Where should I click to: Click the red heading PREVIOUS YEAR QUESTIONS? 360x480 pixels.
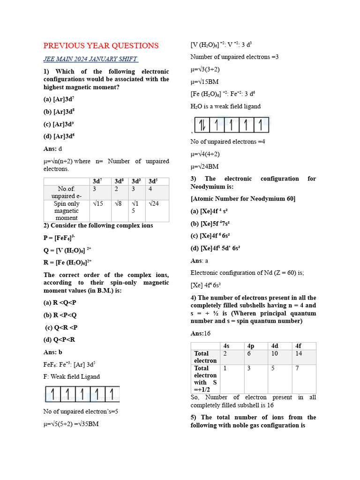[x=101, y=45]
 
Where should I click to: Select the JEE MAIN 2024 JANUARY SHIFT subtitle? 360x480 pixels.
[x=91, y=59]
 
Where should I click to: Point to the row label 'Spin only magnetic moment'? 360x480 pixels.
[x=67, y=210]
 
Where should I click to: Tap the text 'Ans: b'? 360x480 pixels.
[x=53, y=352]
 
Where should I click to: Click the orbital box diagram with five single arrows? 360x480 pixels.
[x=82, y=394]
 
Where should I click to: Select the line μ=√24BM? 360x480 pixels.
[x=204, y=166]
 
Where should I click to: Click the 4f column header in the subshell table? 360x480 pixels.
[x=298, y=346]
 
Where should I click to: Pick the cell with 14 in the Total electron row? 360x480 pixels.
[x=299, y=353]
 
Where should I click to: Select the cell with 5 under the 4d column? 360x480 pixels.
[x=274, y=368]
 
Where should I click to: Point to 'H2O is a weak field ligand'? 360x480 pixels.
[x=225, y=106]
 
